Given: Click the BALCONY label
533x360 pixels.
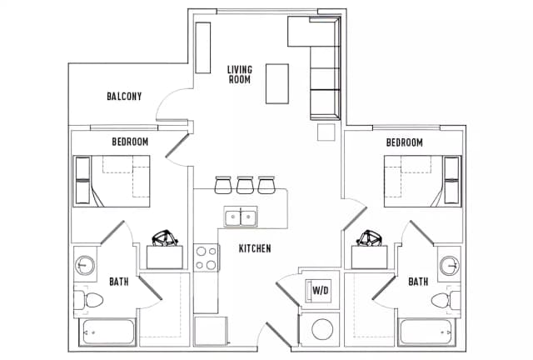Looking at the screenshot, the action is click(x=124, y=97).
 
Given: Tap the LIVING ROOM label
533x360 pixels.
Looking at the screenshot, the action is click(x=240, y=74).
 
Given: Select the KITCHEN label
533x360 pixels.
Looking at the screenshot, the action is click(x=255, y=248).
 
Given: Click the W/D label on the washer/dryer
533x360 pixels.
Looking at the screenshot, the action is click(x=321, y=291).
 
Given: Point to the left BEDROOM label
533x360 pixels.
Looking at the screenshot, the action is click(x=130, y=142).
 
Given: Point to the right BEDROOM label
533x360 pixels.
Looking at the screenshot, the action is click(x=405, y=142).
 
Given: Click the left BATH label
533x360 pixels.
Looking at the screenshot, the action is click(x=119, y=282).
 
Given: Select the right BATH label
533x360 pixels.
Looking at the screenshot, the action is click(x=418, y=282).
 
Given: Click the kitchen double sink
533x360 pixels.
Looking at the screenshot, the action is click(x=241, y=217).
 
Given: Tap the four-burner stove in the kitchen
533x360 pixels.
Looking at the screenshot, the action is click(x=206, y=258).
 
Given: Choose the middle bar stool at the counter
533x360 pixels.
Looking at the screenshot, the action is click(x=245, y=185).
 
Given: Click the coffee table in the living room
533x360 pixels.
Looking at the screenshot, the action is click(x=277, y=83).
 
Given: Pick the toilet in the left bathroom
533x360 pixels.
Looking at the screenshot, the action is click(x=89, y=300).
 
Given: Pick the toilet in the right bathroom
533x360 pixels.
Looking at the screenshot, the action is click(x=446, y=300).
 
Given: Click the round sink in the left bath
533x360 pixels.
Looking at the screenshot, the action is click(x=85, y=265).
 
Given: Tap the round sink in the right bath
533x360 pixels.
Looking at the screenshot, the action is click(x=450, y=265).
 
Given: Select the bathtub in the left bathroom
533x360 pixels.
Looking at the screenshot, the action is click(x=107, y=332).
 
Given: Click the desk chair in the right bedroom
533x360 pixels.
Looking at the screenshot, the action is click(x=369, y=238).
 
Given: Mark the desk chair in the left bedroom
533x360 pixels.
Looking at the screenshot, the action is click(x=165, y=238).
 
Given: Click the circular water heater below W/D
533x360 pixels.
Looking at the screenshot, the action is click(x=322, y=329).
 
